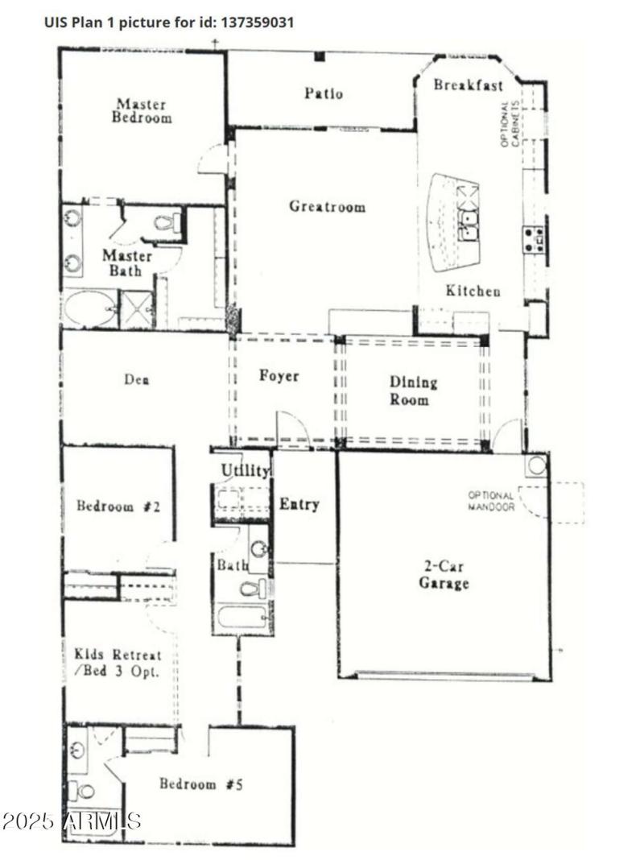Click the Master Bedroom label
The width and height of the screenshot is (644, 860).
(x=142, y=110)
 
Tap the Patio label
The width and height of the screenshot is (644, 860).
(x=323, y=93)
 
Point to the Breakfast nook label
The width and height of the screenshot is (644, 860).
(x=468, y=85)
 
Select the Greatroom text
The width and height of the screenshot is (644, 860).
(x=327, y=207)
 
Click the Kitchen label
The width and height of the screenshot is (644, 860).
(x=473, y=291)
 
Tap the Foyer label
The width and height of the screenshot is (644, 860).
(x=279, y=376)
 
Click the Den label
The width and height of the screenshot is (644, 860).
(x=136, y=379)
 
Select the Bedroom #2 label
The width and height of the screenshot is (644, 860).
(x=119, y=506)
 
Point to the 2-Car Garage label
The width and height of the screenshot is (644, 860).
(x=444, y=575)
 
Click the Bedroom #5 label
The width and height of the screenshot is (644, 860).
(x=200, y=784)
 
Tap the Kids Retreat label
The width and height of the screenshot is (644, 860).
(x=118, y=663)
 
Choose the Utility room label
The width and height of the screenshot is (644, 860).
(x=244, y=470)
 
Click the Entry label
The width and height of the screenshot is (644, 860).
(x=299, y=505)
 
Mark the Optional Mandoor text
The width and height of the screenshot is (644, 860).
(x=491, y=501)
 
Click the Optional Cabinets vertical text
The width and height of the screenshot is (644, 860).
(x=510, y=124)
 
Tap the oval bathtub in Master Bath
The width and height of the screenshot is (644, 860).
(x=89, y=309)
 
